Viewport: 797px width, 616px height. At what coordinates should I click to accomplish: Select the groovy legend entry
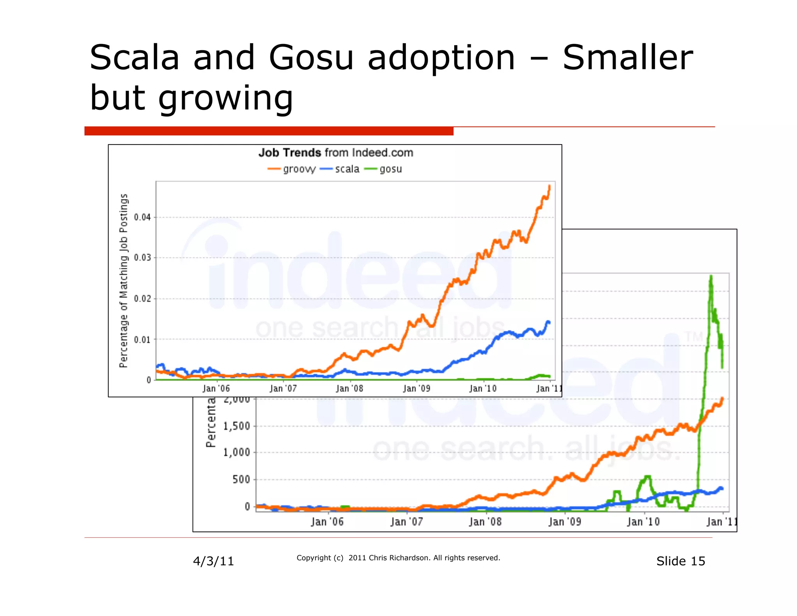point(292,169)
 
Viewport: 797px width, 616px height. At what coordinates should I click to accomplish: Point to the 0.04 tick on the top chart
point(142,217)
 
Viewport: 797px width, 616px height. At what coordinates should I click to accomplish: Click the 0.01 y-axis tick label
point(142,340)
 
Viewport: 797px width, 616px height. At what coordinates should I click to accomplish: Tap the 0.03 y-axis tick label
point(142,258)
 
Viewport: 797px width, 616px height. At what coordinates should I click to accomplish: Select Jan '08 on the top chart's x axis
point(349,389)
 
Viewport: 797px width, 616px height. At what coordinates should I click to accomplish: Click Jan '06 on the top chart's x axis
point(216,389)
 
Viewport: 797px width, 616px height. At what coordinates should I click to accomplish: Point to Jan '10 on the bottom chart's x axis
point(643,522)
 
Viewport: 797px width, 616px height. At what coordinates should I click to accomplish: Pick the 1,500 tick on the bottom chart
point(237,426)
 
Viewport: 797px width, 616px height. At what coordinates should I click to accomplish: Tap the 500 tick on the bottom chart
point(241,479)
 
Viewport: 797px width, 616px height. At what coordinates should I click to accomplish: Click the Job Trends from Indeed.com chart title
point(335,153)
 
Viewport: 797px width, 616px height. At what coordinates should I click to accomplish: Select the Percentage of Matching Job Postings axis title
point(124,280)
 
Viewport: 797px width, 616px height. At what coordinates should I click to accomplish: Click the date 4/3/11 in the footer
point(214,561)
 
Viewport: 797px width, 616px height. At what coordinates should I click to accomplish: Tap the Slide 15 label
point(681,561)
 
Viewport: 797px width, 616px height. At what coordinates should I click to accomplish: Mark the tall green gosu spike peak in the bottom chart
point(711,276)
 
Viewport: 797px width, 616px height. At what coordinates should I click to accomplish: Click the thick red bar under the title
point(269,131)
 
